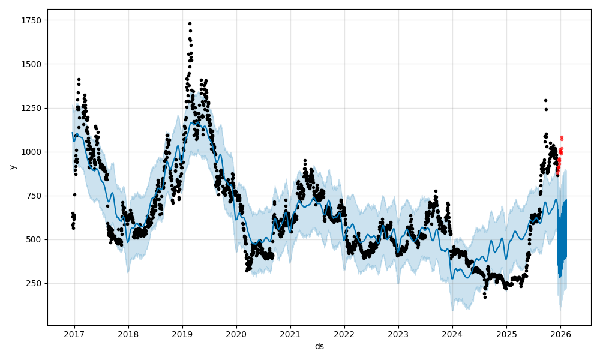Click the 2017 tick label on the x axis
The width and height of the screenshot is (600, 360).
coord(74,334)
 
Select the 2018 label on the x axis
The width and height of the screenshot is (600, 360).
coord(128,334)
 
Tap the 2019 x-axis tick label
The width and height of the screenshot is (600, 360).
coord(182,334)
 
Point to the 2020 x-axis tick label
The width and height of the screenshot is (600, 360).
coord(236,334)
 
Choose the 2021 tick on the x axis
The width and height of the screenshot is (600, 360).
coord(290,334)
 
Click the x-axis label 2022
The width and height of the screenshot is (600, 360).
coord(344,334)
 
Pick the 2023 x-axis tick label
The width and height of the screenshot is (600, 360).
coord(398,334)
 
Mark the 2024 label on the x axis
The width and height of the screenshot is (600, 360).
coord(452,334)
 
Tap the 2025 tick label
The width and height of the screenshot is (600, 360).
coord(506,334)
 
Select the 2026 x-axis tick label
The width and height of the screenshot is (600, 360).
coord(560,334)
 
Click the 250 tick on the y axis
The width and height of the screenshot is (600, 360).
coord(34,283)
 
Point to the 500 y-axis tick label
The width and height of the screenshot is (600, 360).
coord(34,239)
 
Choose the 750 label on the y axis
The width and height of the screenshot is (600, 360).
coord(34,196)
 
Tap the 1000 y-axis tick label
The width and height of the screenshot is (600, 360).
coord(31,152)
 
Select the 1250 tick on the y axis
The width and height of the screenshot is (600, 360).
coord(31,108)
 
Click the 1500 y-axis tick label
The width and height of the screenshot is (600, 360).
coord(31,64)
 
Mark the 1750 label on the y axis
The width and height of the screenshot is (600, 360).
coord(31,20)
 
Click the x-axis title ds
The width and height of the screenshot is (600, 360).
coord(319,346)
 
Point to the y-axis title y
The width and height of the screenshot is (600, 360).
coord(12,167)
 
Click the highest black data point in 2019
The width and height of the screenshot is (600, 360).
coord(190,24)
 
